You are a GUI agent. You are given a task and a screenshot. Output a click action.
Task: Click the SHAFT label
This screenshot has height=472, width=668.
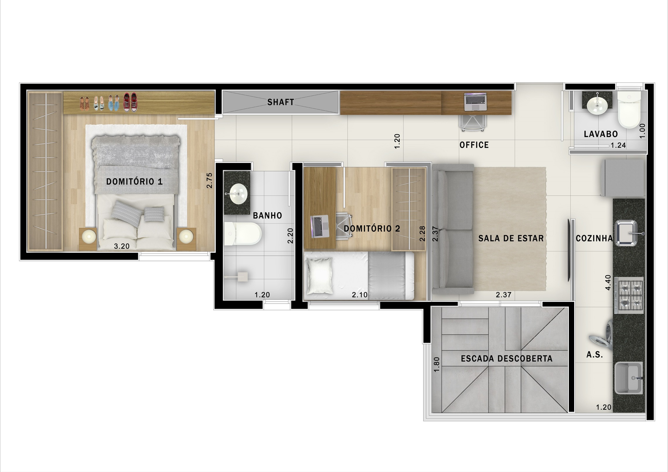pos(280,102)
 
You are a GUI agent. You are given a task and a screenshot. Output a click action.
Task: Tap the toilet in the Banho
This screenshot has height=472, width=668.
pos(243,234)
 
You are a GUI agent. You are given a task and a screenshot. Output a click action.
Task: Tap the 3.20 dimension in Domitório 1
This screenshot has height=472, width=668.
pos(122,246)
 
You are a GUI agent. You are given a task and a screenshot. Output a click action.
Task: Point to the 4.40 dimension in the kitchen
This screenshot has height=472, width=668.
pos(608,282)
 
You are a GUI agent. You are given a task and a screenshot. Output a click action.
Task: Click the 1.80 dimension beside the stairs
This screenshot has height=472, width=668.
pos(437,364)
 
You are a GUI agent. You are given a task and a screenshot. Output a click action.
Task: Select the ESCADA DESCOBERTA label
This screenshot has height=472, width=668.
pos(507,359)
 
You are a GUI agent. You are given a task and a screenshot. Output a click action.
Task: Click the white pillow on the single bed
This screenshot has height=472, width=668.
pos(319,276)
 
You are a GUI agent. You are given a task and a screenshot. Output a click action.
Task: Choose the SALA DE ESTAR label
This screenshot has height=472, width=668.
pos(511,238)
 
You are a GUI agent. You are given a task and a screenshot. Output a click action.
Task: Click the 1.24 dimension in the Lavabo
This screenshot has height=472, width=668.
pos(618,145)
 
